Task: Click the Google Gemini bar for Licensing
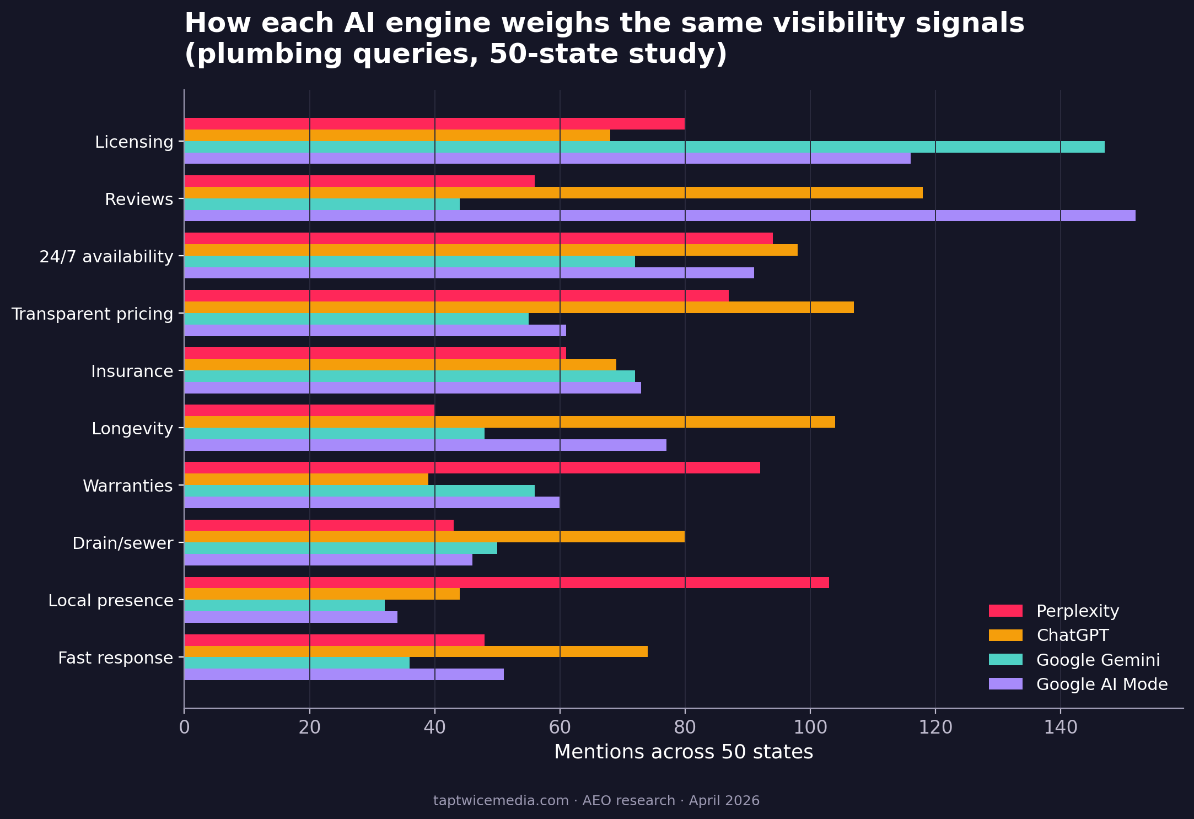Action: tap(644, 147)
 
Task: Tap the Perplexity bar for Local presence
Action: tap(506, 583)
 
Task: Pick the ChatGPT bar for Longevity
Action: tap(509, 422)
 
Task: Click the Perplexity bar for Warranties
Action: tap(472, 468)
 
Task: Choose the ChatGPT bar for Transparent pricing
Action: tap(519, 308)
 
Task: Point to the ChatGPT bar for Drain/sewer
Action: tap(434, 537)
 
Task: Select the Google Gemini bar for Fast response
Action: tap(297, 663)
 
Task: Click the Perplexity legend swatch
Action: tap(1005, 611)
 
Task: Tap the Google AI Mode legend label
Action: tap(1102, 685)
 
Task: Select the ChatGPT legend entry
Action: tap(1072, 635)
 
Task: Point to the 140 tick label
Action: tap(1061, 728)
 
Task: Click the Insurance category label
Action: tap(132, 371)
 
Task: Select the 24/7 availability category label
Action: tap(106, 257)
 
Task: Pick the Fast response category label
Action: tap(116, 658)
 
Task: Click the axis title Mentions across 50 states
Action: tap(684, 752)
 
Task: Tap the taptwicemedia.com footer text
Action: tap(501, 801)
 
